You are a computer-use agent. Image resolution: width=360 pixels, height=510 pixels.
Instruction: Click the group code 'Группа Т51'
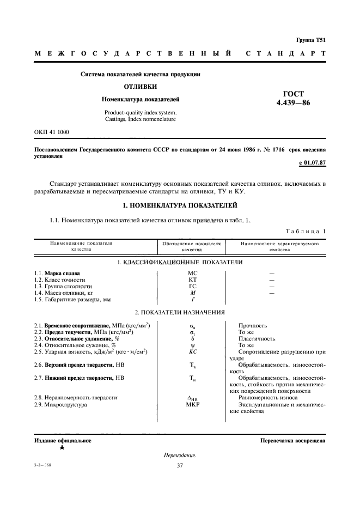310,40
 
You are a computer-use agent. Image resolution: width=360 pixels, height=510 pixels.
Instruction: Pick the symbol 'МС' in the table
192,272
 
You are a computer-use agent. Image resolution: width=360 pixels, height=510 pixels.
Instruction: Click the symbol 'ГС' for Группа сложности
192,286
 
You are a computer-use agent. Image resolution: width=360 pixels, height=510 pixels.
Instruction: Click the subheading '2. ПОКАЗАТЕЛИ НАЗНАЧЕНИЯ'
180,313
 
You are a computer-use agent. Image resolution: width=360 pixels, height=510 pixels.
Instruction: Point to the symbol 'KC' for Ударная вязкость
192,351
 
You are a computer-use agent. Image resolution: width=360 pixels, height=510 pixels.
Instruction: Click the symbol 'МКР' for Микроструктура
192,405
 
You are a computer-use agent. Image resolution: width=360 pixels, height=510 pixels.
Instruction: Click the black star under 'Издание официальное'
62,447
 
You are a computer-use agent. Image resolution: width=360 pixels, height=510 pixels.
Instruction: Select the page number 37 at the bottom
180,466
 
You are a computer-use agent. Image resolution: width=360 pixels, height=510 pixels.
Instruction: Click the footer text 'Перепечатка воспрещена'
292,440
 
